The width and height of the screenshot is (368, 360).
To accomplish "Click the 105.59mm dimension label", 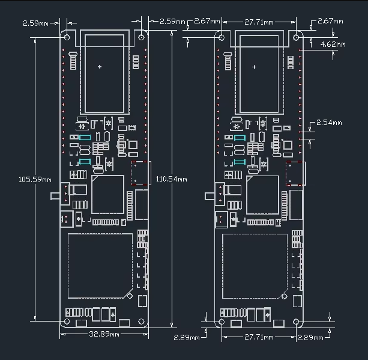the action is [35, 180].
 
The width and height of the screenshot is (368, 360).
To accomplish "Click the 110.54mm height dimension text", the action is [172, 179].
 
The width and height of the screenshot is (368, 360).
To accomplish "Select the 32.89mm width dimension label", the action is [104, 334].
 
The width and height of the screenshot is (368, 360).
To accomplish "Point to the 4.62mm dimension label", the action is [333, 44].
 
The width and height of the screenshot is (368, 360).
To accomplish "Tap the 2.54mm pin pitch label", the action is [329, 123].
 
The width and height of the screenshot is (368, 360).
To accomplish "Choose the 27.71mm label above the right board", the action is [259, 22].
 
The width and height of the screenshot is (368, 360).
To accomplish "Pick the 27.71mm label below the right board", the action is [259, 337].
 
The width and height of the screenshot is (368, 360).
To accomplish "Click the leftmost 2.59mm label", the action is [35, 23].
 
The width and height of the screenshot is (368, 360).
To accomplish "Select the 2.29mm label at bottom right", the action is [310, 338].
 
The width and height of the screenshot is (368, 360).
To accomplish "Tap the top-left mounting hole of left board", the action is [67, 37].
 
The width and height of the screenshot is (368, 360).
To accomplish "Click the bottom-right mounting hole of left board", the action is [141, 321].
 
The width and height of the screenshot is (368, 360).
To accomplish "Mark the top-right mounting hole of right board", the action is [296, 37].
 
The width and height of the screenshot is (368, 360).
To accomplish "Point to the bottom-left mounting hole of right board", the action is [222, 321].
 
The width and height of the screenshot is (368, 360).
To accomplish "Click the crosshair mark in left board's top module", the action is [100, 67].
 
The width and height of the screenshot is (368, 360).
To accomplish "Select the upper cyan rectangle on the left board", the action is [85, 138].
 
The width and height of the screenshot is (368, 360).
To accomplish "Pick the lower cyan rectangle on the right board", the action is [240, 162].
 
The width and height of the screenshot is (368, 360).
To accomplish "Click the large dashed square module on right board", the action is [255, 266].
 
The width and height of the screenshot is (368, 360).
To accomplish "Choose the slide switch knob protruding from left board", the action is [56, 196].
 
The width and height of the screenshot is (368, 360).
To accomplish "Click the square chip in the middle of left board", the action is [107, 194].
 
